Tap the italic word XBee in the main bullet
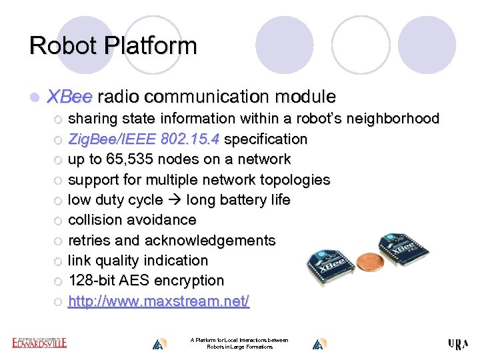69,97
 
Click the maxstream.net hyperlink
159,301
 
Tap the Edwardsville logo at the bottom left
39,343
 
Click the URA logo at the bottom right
458,343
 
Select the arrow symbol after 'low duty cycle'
175,200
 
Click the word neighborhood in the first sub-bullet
393,119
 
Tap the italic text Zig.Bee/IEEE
111,139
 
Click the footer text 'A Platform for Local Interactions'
239,340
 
